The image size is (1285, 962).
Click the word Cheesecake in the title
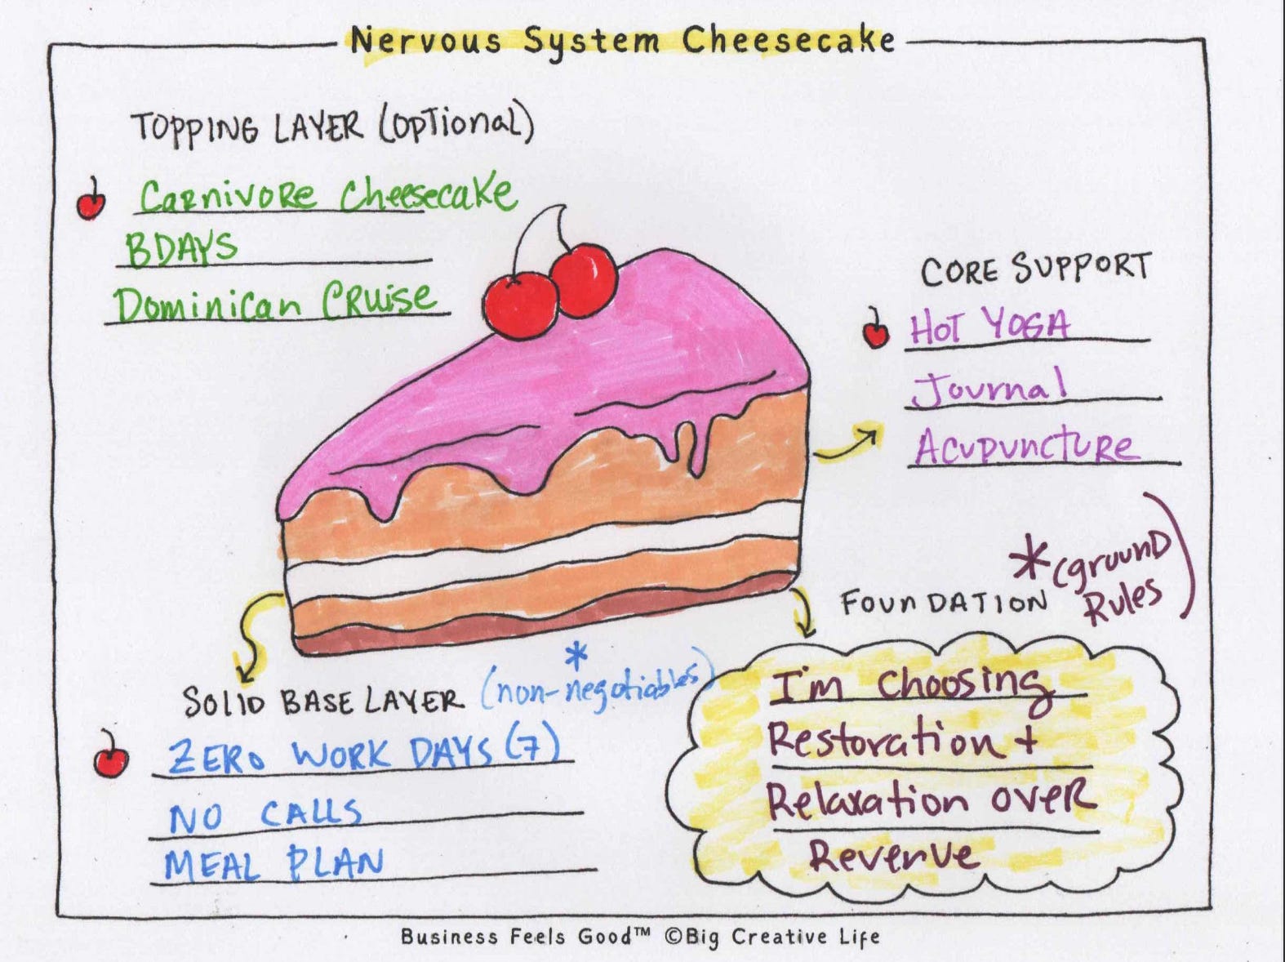788,40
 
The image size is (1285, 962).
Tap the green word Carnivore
227,196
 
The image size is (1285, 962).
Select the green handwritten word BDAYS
181,247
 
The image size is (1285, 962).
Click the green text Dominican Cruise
274,303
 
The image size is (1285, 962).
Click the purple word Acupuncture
1025,448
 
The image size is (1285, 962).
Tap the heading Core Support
1035,269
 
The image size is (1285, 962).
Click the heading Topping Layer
245,127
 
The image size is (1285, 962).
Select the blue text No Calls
265,815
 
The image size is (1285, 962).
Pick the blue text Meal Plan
273,865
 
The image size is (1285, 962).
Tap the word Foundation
943,603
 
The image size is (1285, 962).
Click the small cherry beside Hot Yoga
876,330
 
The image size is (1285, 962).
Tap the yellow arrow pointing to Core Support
849,443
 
